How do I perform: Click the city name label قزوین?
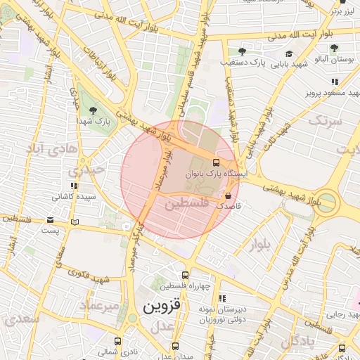tap(161, 307)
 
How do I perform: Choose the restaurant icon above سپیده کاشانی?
tap(74, 186)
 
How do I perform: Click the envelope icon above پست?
tap(49, 219)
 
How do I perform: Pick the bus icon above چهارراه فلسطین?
tap(185, 276)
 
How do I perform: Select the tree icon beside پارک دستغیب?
tap(242, 51)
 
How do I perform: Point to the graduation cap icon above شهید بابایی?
tap(289, 53)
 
